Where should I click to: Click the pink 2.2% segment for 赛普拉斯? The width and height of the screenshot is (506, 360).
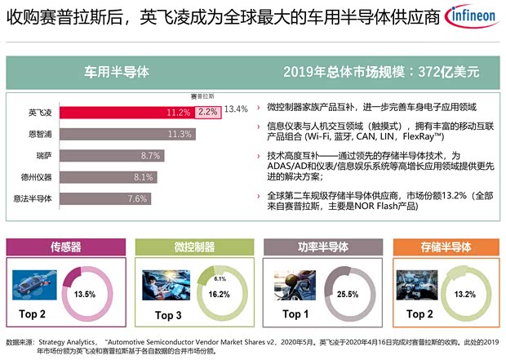pos(207,112)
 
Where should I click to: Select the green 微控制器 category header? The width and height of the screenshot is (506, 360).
pos(189,246)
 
